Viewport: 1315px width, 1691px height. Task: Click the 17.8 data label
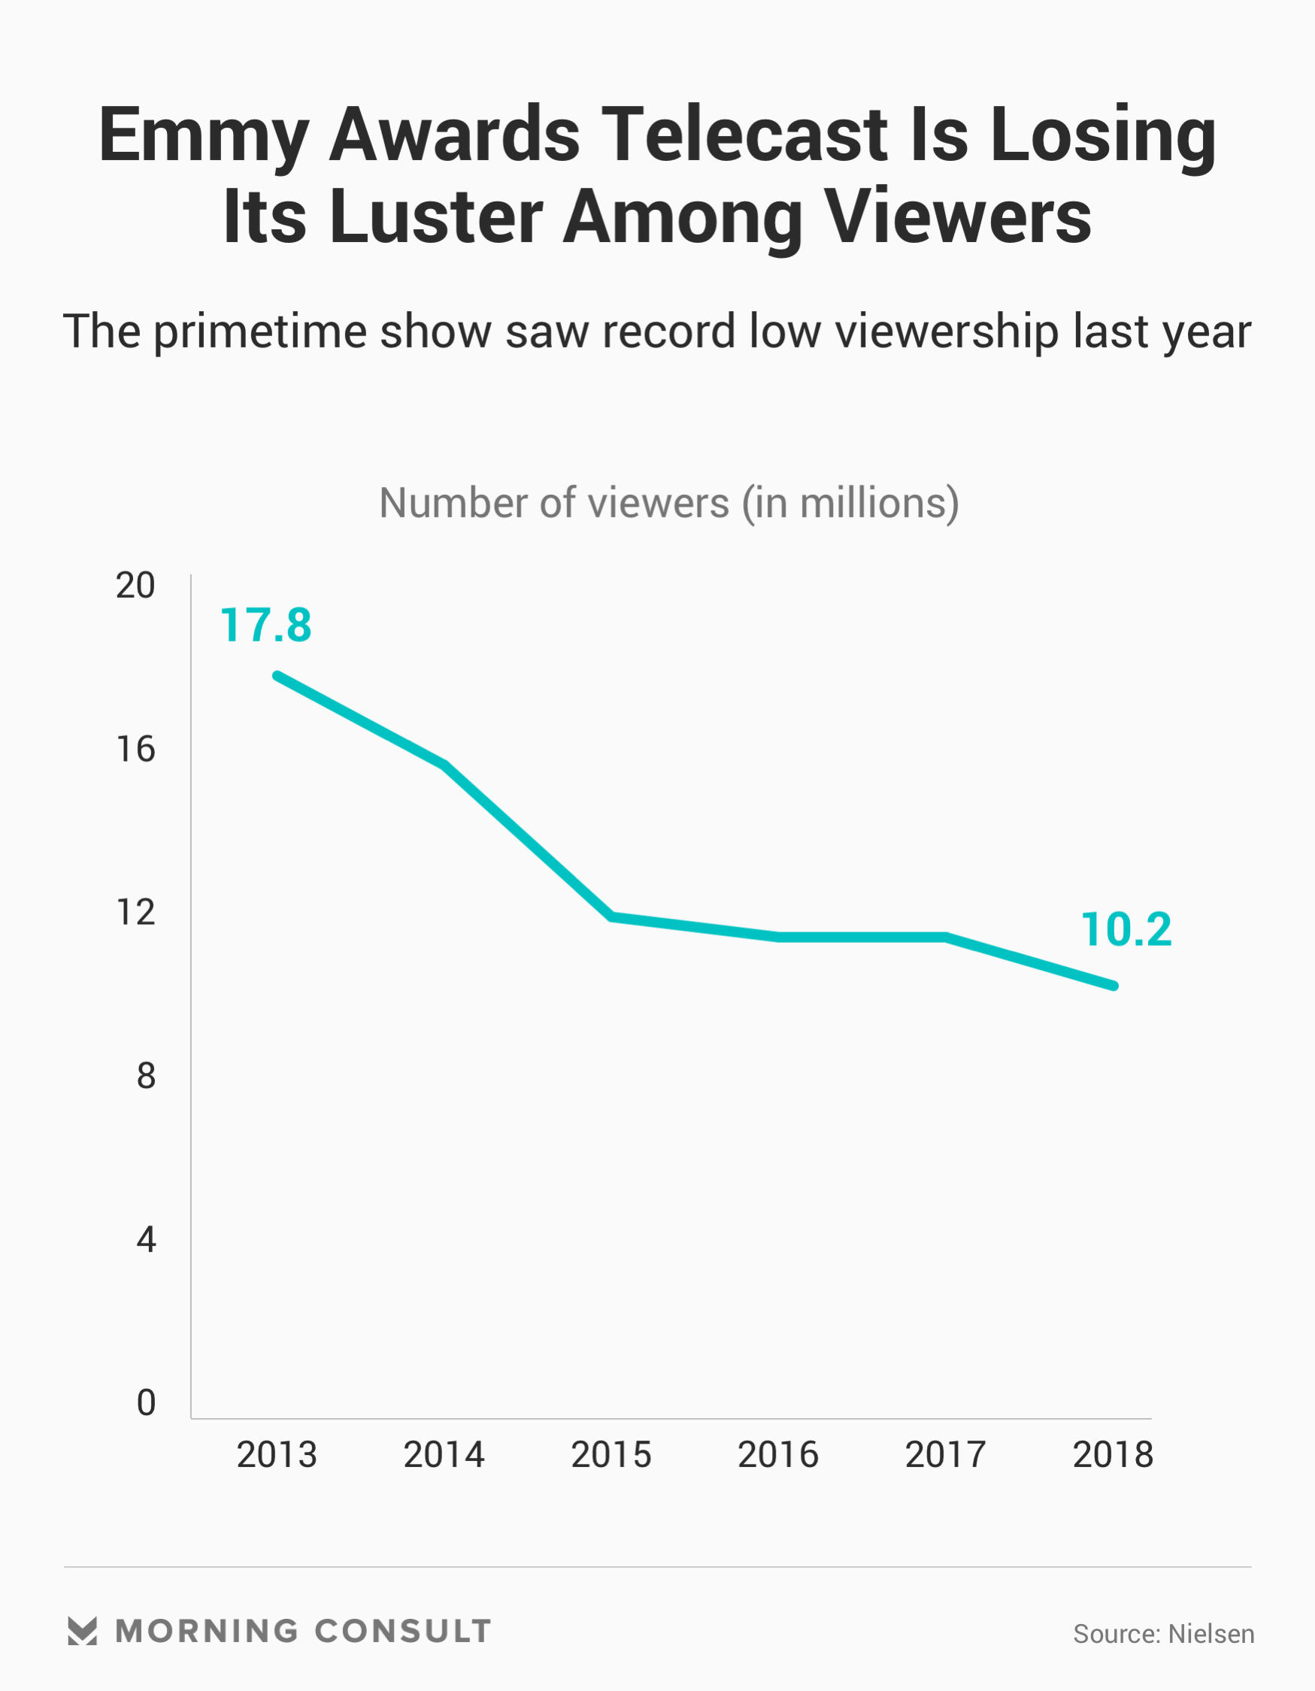pos(265,626)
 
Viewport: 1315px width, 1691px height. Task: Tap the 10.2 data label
pos(1126,930)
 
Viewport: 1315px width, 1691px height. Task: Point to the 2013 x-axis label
pos(277,1455)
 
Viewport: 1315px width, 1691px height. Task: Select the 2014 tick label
pos(444,1455)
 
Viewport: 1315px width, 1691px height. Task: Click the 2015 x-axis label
pos(611,1455)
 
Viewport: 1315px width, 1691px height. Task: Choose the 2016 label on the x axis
pos(778,1455)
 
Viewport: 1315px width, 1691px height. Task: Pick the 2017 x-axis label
pos(946,1455)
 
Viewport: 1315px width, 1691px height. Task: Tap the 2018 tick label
pos(1113,1455)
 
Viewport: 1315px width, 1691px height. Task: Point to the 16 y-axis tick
pos(135,750)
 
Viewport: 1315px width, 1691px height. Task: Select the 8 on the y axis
pos(147,1076)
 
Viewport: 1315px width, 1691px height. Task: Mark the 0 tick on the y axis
pos(147,1403)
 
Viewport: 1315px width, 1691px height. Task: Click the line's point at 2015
pos(612,917)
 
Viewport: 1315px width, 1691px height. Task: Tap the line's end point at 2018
pos(1114,986)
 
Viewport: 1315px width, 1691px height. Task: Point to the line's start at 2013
pos(277,676)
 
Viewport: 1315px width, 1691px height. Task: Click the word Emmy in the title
pos(204,135)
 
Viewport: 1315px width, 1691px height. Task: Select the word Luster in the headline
pos(436,217)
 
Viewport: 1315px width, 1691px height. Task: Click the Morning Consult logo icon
pos(82,1631)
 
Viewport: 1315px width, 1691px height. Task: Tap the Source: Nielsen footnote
pos(1163,1634)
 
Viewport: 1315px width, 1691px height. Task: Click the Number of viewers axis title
pos(669,503)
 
